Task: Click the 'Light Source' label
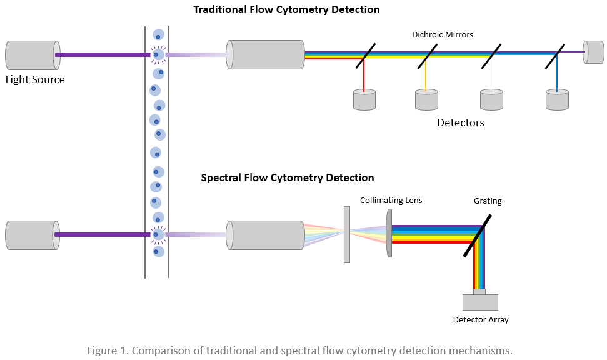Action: [x=35, y=79]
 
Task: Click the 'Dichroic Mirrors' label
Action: [x=443, y=35]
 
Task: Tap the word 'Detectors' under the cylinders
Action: [x=461, y=122]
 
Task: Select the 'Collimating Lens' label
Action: [x=391, y=200]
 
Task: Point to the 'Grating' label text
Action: [x=488, y=201]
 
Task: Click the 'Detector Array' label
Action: [x=481, y=320]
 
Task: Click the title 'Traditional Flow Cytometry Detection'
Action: [x=286, y=9]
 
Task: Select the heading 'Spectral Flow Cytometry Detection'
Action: [x=288, y=177]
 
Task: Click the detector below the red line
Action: [x=364, y=100]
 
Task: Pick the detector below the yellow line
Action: [x=426, y=100]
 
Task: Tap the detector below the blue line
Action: [x=558, y=100]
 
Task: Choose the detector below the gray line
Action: [x=491, y=100]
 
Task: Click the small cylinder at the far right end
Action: [x=594, y=52]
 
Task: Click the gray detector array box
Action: [x=480, y=302]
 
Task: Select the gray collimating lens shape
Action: [x=390, y=233]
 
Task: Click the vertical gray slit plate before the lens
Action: [x=347, y=234]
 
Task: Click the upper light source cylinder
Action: [x=33, y=55]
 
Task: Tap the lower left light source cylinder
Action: [x=33, y=235]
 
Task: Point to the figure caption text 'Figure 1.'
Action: [x=107, y=350]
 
